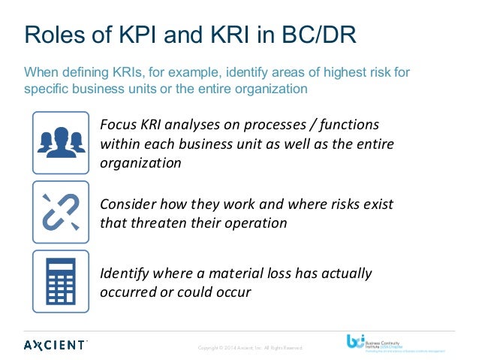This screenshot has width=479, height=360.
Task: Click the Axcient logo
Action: coord(56,344)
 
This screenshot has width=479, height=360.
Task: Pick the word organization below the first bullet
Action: coord(140,162)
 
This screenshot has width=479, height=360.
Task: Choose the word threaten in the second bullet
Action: coord(156,222)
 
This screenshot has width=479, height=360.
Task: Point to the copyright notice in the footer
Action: coord(249,348)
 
